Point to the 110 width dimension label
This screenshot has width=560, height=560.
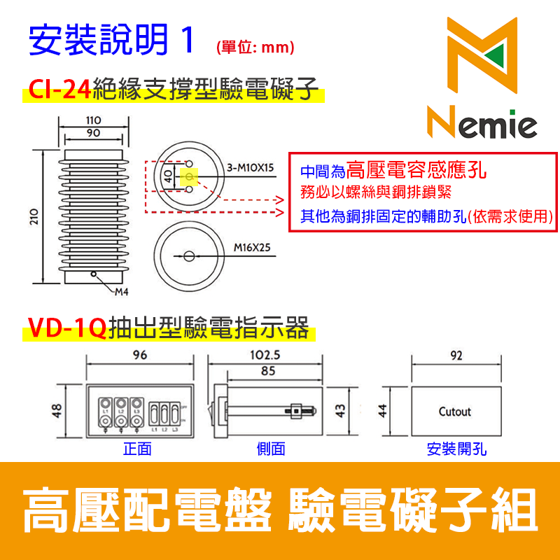point(92,120)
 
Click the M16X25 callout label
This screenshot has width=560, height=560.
point(251,248)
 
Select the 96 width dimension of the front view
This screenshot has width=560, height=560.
point(140,355)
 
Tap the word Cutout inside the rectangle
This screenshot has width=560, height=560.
point(455,412)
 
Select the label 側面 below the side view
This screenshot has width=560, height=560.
point(271,449)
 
